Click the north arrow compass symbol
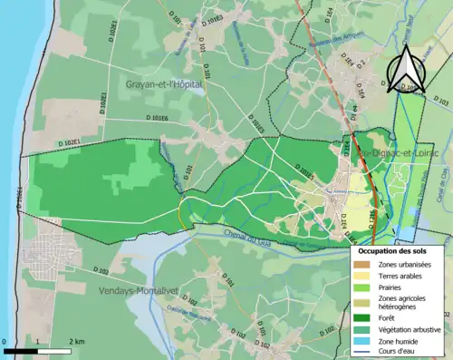pos(409,69)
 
